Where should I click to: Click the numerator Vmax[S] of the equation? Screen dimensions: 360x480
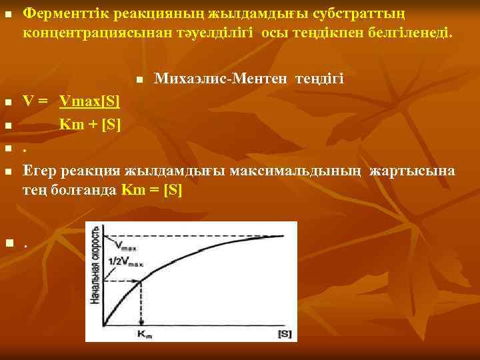click(x=90, y=102)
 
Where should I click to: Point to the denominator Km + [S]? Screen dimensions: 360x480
click(x=90, y=124)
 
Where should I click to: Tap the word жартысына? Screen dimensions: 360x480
click(x=414, y=171)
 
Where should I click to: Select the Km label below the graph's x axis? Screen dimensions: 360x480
click(x=145, y=334)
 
